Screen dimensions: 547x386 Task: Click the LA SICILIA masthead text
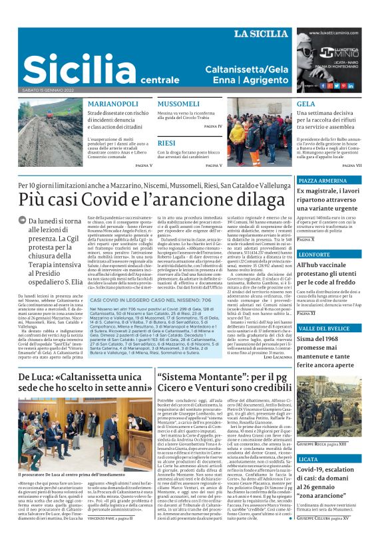pyautogui.click(x=261, y=34)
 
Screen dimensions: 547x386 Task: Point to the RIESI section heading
pyautogui.click(x=166, y=143)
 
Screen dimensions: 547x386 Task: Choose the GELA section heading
pyautogui.click(x=305, y=104)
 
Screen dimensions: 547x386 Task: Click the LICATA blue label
pyautogui.click(x=308, y=459)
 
